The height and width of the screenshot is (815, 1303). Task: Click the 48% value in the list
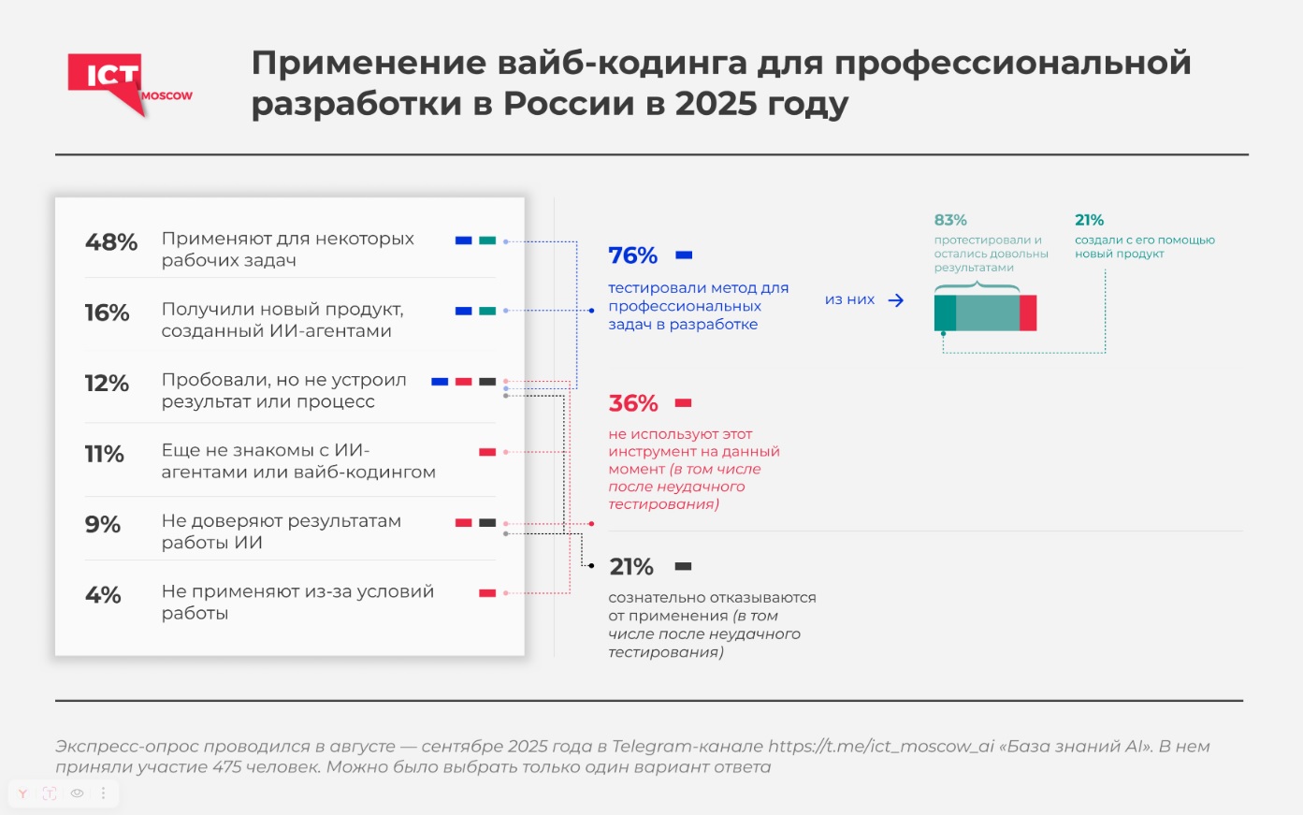[x=111, y=242]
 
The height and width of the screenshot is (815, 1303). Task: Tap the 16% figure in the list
[x=108, y=313]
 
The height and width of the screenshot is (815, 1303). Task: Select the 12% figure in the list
[x=107, y=384]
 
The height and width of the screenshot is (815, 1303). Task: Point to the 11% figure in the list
[x=105, y=454]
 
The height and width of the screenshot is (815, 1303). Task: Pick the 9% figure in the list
[x=103, y=524]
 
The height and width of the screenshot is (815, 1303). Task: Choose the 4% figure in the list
[x=103, y=595]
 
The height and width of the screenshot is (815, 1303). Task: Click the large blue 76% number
[x=633, y=255]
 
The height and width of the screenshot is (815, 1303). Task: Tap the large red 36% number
[x=633, y=403]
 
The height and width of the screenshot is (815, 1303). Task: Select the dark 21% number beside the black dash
[x=631, y=567]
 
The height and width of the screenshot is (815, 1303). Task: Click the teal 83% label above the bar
[x=950, y=220]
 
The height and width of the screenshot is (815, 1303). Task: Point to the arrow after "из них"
[x=895, y=300]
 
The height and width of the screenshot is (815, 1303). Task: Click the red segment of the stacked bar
[x=1028, y=313]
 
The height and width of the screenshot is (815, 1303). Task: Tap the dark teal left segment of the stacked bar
[x=945, y=313]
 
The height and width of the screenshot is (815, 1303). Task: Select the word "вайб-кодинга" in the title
[x=622, y=63]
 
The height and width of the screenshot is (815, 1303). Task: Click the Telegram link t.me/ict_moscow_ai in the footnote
[x=881, y=746]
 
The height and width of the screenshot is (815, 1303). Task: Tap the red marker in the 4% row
[x=487, y=593]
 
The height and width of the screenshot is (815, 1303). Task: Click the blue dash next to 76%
[x=684, y=255]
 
